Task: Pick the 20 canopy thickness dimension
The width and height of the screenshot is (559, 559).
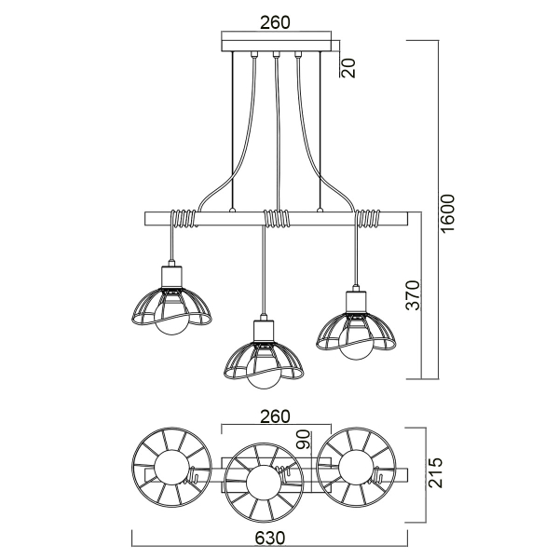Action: [x=349, y=67]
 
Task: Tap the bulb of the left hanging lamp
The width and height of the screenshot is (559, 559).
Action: [x=171, y=320]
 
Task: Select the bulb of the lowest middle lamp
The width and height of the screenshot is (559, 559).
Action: [x=264, y=373]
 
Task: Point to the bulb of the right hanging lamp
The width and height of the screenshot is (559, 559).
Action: [x=355, y=346]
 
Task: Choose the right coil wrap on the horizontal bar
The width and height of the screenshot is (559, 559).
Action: [x=370, y=220]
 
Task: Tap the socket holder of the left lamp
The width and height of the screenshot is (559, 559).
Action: [x=171, y=277]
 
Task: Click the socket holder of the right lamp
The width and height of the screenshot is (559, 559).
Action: [x=355, y=302]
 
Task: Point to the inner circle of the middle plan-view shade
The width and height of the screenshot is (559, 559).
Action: [x=264, y=482]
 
